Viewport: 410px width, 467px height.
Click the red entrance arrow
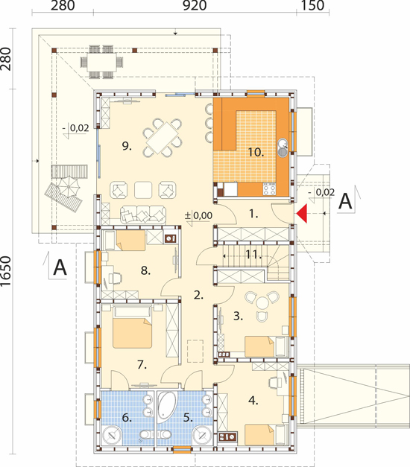pyautogui.click(x=303, y=214)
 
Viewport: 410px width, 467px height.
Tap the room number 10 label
pyautogui.click(x=256, y=153)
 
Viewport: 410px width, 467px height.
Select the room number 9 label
pyautogui.click(x=127, y=146)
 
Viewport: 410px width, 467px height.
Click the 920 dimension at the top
pyautogui.click(x=195, y=6)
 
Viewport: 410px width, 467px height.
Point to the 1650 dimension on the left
pyautogui.click(x=6, y=272)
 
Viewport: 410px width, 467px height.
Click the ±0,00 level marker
pyautogui.click(x=198, y=215)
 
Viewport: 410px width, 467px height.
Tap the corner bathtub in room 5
pyautogui.click(x=165, y=404)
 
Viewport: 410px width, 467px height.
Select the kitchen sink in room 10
pyautogui.click(x=282, y=148)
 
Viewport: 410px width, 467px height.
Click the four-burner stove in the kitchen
pyautogui.click(x=270, y=189)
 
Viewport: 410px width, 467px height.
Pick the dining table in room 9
pyautogui.click(x=162, y=138)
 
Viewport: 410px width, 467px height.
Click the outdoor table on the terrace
pyautogui.click(x=101, y=63)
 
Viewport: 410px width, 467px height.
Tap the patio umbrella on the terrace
pyautogui.click(x=69, y=187)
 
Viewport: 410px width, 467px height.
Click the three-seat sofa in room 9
pyautogui.click(x=143, y=215)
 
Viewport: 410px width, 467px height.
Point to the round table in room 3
pyautogui.click(x=262, y=304)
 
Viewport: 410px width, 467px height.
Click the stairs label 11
pyautogui.click(x=253, y=254)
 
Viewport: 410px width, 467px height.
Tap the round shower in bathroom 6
pyautogui.click(x=112, y=436)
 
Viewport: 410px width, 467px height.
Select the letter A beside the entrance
pyautogui.click(x=346, y=201)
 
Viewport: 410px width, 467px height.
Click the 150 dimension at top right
pyautogui.click(x=312, y=6)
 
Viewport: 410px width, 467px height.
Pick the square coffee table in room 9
pyautogui.click(x=143, y=190)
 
